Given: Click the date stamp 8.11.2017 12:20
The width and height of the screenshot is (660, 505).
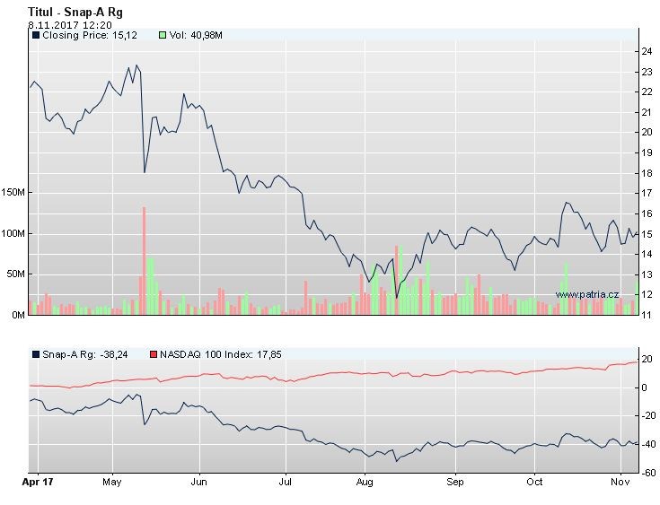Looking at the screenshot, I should tap(69, 25).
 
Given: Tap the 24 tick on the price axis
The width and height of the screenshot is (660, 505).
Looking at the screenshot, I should tap(647, 50).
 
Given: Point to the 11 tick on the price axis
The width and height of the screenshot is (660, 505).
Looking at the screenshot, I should tap(647, 315).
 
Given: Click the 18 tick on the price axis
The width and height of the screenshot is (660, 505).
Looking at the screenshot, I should tap(647, 173).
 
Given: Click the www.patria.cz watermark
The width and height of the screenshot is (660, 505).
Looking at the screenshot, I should tap(587, 294).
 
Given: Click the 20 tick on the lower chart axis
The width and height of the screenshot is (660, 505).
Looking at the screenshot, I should tap(646, 360).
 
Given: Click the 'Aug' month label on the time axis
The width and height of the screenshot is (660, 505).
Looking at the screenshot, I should tap(365, 482).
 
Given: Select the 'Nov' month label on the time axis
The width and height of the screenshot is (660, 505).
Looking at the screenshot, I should tap(619, 482).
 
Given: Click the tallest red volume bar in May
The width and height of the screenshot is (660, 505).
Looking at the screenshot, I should tap(144, 260).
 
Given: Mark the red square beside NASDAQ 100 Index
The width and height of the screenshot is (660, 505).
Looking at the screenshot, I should tap(153, 354).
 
